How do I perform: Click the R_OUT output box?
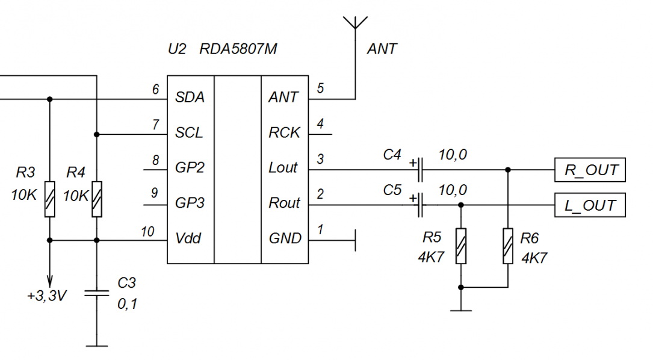(590, 170)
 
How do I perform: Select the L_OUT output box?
(590, 205)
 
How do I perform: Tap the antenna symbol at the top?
(355, 23)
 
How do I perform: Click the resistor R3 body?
(49, 199)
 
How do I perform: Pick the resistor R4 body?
(97, 199)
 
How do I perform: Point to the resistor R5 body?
(460, 246)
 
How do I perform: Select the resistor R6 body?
(508, 246)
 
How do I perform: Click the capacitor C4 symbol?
(420, 170)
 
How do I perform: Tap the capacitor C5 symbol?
(420, 205)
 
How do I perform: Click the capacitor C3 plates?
(97, 293)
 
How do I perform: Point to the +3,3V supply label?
(47, 296)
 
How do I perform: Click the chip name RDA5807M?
(238, 49)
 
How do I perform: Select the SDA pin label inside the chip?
(190, 98)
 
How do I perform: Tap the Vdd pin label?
(188, 238)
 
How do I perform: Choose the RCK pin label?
(284, 133)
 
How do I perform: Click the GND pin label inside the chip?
(285, 238)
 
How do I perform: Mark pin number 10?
(148, 232)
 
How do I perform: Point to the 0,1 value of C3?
(128, 304)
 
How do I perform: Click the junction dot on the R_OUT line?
(508, 170)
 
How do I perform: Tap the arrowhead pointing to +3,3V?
(49, 280)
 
